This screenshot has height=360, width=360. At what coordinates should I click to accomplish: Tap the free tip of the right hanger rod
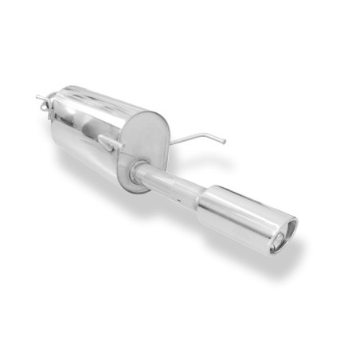pyautogui.click(x=225, y=143)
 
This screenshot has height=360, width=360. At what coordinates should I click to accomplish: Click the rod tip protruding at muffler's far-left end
pyautogui.click(x=38, y=98)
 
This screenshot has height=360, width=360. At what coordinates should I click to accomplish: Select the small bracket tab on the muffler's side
pyautogui.click(x=106, y=144)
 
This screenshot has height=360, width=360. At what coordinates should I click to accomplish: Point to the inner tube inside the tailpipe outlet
pyautogui.click(x=280, y=237)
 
